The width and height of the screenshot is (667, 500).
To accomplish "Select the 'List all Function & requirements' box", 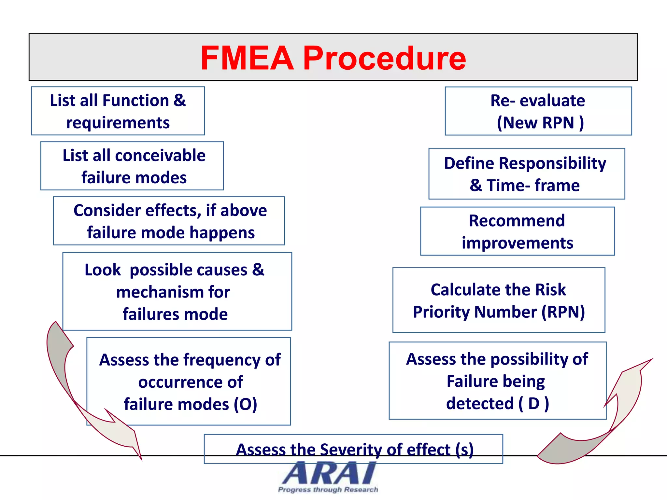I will (x=118, y=111).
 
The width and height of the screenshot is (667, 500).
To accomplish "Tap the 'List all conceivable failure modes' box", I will (x=132, y=166).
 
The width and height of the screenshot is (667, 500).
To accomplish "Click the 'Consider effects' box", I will (x=169, y=221).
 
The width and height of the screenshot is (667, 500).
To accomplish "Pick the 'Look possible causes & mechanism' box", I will (x=177, y=292).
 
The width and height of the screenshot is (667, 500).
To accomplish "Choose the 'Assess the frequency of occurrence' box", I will (x=189, y=382).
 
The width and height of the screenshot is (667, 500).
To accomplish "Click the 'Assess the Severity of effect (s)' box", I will (x=353, y=449).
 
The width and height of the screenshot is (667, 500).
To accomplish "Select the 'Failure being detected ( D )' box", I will (x=497, y=381).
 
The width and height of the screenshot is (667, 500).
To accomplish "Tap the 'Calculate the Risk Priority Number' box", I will (x=499, y=300).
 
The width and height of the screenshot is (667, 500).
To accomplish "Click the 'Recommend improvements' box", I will (x=517, y=231).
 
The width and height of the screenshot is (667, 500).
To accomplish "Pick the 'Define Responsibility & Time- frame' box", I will (x=527, y=174).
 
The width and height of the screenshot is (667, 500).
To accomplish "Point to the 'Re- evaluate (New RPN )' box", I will (x=538, y=111).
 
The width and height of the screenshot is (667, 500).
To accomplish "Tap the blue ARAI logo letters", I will (x=329, y=474).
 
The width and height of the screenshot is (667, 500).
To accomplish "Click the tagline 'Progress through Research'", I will (x=328, y=490).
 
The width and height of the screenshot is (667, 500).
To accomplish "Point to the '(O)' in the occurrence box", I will (x=245, y=404).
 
